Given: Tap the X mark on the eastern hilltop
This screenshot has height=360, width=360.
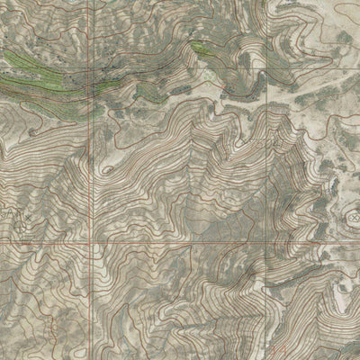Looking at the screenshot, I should (x=353, y=214).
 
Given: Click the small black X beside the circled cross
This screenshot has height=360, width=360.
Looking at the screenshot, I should (x=27, y=218).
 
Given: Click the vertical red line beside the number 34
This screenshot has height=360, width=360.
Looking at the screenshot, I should (x=266, y=333).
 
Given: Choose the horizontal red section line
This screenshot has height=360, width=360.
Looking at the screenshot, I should (x=180, y=243).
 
